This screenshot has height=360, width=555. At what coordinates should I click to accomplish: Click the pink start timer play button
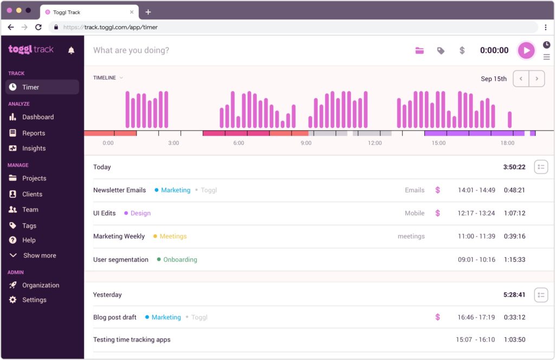pos(526,50)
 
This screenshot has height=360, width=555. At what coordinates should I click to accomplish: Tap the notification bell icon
pos(71,50)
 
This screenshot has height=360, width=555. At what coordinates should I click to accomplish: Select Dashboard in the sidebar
pos(37,117)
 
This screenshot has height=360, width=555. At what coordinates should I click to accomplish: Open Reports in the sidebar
pos(33,133)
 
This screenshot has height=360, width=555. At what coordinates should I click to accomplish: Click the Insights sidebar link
pos(34,148)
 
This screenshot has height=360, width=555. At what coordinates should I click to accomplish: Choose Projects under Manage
pos(34,178)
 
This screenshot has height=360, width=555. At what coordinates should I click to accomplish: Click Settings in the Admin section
pos(34,300)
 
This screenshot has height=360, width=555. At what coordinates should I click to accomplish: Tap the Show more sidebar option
pos(39,255)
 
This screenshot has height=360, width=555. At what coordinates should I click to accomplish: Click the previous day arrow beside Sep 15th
pos(521,79)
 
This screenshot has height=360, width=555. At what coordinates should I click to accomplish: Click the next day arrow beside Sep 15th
pos(537,79)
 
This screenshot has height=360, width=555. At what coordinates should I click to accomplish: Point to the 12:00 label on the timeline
pos(375,143)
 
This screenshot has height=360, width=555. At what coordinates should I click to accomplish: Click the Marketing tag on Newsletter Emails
pos(176,190)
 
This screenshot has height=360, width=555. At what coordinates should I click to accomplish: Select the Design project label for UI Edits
pos(140,213)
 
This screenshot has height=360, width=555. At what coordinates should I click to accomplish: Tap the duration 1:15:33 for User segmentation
pos(514,260)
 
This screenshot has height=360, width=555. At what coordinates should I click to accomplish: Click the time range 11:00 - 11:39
pos(476,236)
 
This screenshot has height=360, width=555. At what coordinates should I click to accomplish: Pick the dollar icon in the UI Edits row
pos(437,213)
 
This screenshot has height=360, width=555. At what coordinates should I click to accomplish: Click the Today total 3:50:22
pos(514,167)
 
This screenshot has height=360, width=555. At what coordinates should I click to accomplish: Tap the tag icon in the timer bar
pos(441,50)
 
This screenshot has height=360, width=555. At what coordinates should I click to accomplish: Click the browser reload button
pos(38,27)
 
